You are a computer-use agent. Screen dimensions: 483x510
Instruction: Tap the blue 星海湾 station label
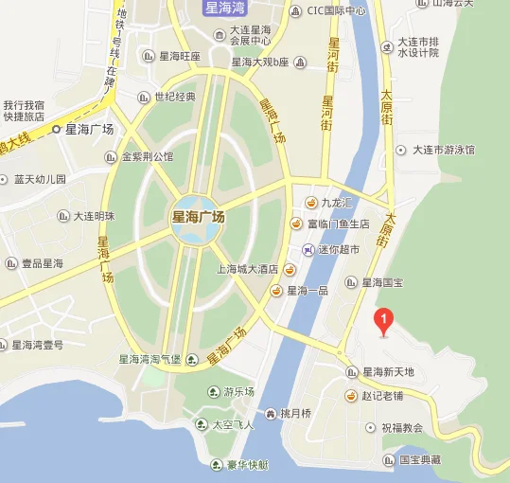(x=226, y=9)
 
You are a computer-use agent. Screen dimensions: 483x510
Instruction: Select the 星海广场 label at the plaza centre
(x=198, y=217)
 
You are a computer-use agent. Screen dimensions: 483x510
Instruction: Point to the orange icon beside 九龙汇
(x=310, y=203)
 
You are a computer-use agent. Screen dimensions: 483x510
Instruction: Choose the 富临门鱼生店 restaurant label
(x=339, y=224)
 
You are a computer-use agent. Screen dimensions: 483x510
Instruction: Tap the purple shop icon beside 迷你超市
(x=308, y=249)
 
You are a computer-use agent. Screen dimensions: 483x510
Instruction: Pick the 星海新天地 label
(x=388, y=372)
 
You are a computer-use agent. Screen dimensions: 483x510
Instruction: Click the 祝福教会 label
(x=401, y=427)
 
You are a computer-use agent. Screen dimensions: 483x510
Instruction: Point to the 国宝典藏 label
(x=420, y=458)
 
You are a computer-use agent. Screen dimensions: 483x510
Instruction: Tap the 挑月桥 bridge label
(x=294, y=413)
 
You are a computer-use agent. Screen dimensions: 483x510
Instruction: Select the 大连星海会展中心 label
(x=251, y=35)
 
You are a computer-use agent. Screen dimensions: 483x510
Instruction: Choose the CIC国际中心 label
(x=336, y=11)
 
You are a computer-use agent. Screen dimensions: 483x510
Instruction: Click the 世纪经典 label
(x=174, y=97)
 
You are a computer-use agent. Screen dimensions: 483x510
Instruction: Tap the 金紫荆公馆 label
(x=147, y=156)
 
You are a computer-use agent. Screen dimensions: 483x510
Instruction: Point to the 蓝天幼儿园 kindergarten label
(x=40, y=178)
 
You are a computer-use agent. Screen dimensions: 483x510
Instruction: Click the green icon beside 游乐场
(x=212, y=392)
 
